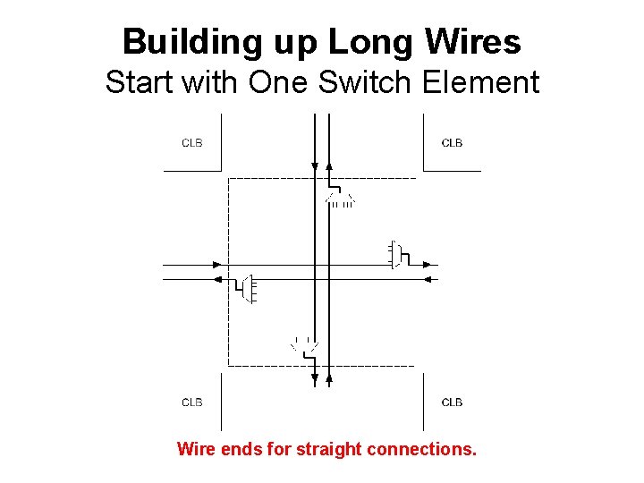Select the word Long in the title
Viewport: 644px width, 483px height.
361,42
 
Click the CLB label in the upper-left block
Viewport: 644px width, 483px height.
192,143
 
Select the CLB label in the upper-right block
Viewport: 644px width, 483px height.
453,143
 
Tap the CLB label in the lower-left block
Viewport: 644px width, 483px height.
192,402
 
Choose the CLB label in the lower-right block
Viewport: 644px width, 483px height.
453,402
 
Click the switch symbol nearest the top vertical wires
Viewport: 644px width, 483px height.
341,198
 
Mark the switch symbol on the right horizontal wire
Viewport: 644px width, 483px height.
398,255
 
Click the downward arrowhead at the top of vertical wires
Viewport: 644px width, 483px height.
315,165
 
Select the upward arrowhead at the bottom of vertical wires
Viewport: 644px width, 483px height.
329,379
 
